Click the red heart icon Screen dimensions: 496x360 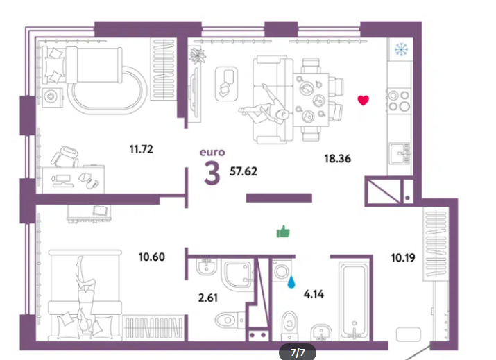point(363,101)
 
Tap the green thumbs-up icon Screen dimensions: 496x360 point(283,232)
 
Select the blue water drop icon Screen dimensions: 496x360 point(291,282)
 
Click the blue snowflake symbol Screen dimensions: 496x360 point(401,49)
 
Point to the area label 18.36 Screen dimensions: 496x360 point(338,158)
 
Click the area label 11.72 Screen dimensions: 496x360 point(141,148)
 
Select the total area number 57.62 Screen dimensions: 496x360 point(243,171)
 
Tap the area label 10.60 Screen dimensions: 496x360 point(151,257)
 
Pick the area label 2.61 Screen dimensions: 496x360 point(208,298)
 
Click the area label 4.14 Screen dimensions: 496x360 point(314,294)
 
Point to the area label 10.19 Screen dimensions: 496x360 point(403,258)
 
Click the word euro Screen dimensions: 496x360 point(212,153)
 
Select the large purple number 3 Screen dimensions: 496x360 point(212,173)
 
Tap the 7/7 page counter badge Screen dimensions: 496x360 point(298,352)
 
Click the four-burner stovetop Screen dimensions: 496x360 point(399,101)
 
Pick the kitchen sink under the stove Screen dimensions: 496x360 point(399,153)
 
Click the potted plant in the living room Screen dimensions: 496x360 point(197,55)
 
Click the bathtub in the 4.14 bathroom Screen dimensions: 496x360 point(354,300)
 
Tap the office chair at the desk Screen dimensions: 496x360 point(65,157)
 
